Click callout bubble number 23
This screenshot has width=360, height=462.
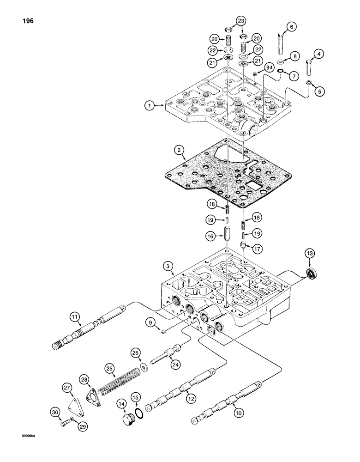coord(242,21)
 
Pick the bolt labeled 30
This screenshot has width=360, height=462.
coord(65,422)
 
